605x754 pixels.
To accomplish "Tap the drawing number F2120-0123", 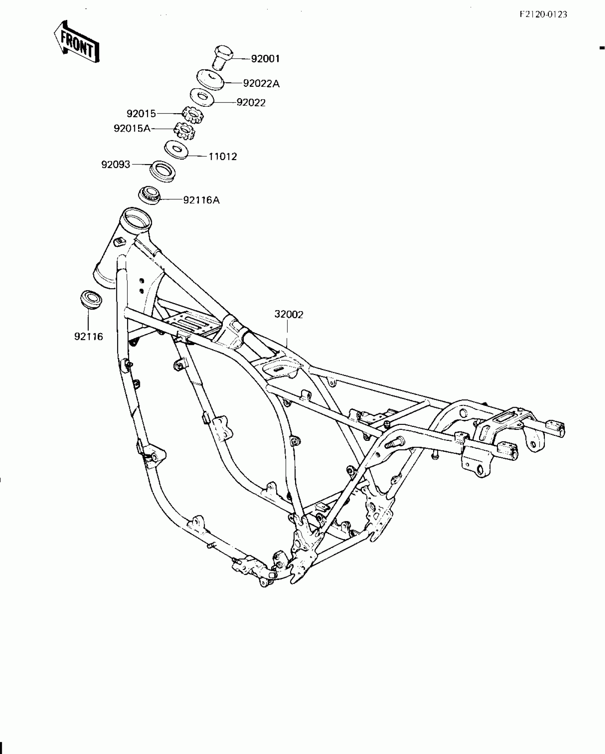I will click(543, 14).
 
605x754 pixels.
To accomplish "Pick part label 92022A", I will click(261, 84).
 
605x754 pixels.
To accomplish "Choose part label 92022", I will click(251, 103).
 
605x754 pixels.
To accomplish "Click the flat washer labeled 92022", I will click(201, 97).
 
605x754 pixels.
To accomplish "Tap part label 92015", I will click(141, 114).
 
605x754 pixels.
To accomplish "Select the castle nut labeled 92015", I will click(192, 114).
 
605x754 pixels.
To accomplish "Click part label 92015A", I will click(132, 128).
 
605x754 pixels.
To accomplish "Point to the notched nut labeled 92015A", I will click(183, 131).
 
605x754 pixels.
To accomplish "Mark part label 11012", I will click(222, 157).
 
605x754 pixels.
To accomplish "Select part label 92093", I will click(116, 165).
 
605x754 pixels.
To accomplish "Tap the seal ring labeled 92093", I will click(162, 171).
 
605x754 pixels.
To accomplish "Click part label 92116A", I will click(201, 200).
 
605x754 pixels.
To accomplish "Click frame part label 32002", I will click(289, 315).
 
